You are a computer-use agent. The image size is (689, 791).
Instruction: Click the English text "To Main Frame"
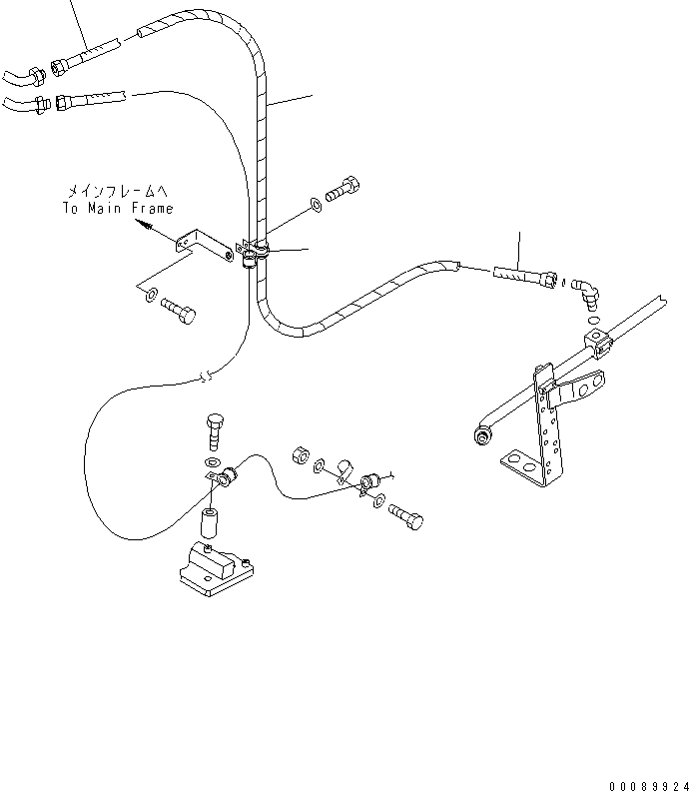pos(118,209)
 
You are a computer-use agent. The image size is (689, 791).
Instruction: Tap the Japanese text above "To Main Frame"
pos(118,191)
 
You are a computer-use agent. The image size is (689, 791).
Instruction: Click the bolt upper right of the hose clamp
pos(342,190)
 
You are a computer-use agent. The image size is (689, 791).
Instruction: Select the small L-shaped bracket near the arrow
pos(205,248)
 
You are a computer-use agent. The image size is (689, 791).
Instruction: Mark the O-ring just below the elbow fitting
pos(593,321)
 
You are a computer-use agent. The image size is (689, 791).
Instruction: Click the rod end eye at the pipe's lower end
pos(482,434)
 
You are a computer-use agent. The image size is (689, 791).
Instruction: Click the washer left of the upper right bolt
pos(316,205)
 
